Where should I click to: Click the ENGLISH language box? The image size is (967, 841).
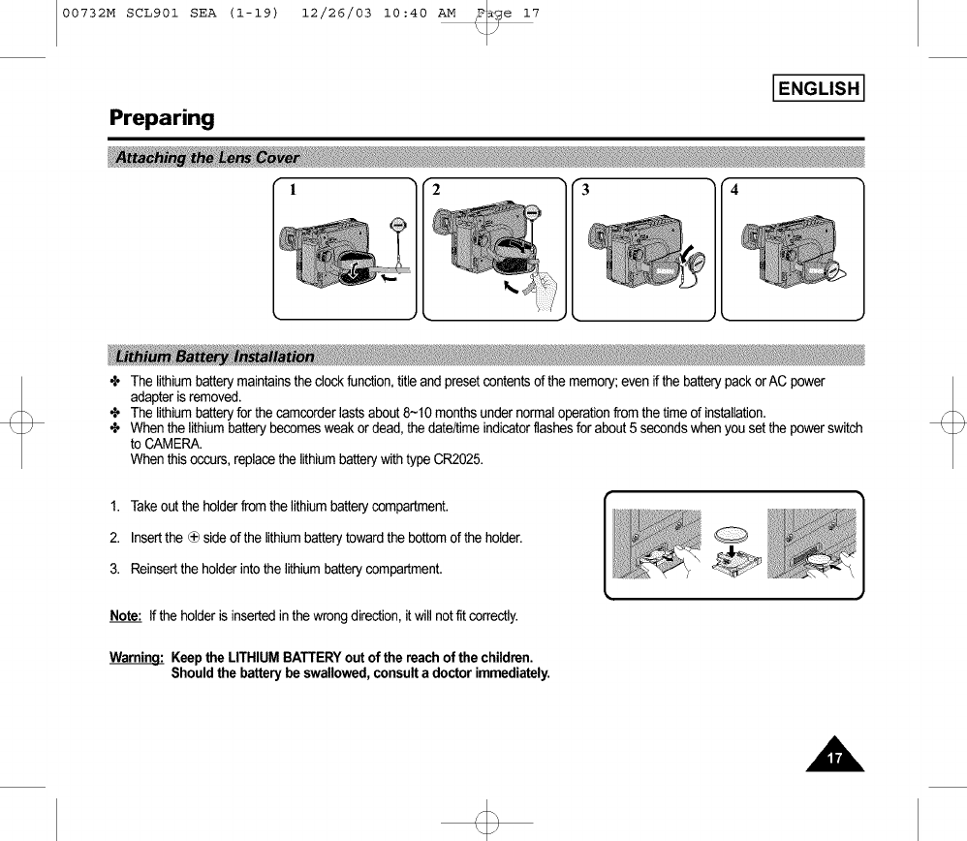[x=818, y=89]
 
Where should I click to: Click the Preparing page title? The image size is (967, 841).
[x=161, y=118]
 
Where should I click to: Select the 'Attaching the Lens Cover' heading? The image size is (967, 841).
[x=206, y=158]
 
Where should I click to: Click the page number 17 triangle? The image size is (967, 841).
[x=836, y=755]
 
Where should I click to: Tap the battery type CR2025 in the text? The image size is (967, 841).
[x=459, y=458]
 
